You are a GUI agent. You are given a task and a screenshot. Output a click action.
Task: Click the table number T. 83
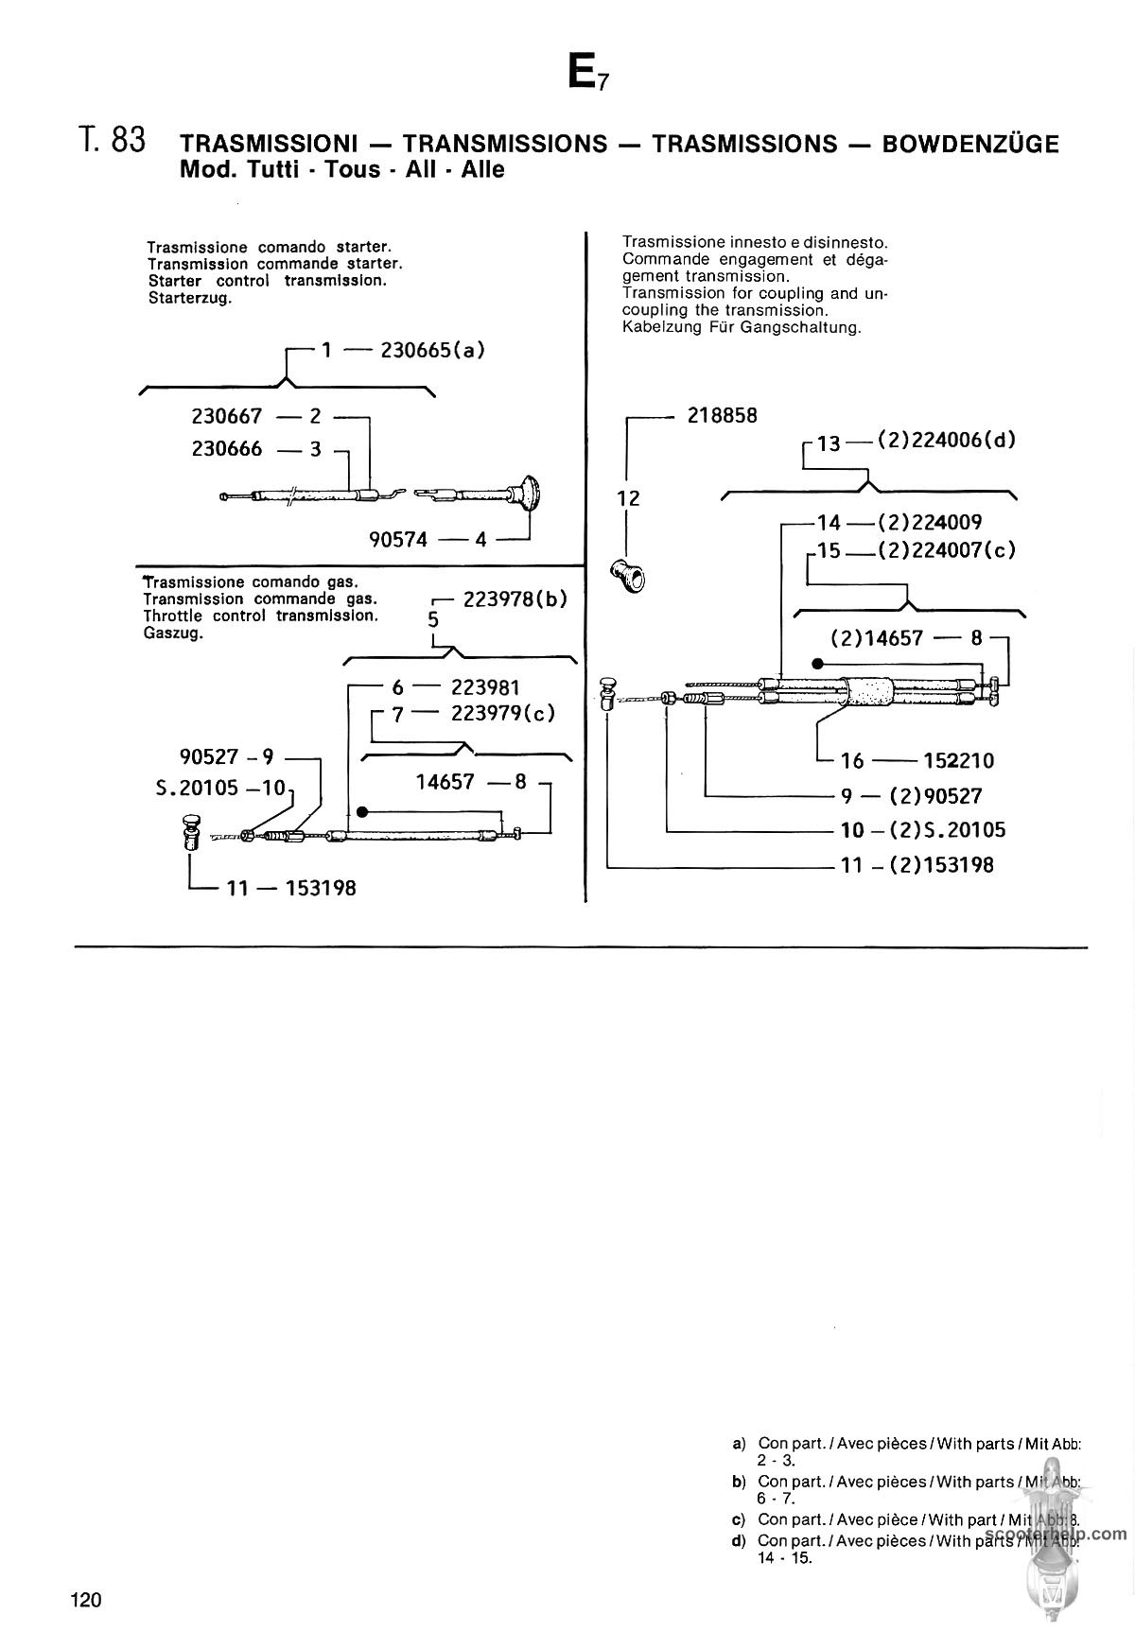(x=113, y=140)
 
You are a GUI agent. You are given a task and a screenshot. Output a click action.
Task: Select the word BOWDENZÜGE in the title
(x=970, y=144)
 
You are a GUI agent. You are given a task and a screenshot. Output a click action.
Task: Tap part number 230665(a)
(x=432, y=350)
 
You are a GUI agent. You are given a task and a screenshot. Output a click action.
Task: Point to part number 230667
(x=227, y=416)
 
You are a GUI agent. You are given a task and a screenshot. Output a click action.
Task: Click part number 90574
(x=398, y=539)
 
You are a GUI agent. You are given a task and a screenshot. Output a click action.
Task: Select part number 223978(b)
(x=515, y=599)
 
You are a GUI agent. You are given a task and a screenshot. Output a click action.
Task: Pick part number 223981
(x=485, y=687)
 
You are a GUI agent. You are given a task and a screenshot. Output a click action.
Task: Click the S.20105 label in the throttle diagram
(x=220, y=787)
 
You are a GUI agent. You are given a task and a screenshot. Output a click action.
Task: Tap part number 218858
(x=723, y=416)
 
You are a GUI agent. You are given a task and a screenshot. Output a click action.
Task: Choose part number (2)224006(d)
(x=947, y=440)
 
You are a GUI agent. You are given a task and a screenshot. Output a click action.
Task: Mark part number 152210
(x=958, y=760)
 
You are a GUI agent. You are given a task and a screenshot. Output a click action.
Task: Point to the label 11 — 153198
(x=291, y=888)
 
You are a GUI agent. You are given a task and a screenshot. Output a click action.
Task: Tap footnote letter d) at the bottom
(x=740, y=1540)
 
